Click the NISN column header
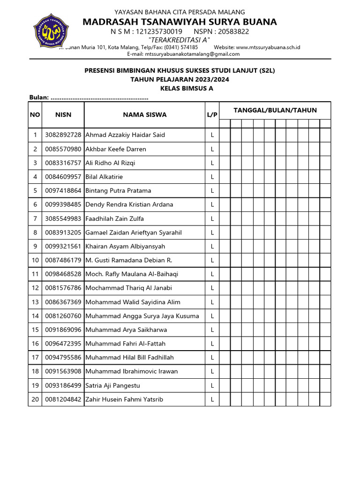63,114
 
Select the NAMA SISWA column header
144,114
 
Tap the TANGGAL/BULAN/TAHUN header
275,110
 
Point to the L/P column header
212,114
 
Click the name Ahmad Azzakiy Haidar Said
125,135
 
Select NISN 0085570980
63,149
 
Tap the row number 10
35,260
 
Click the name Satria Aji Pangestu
112,385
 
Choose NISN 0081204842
63,399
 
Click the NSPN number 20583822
234,31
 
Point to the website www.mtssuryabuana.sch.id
268,47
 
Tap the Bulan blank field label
39,97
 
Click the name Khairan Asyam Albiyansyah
125,246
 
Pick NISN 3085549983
63,218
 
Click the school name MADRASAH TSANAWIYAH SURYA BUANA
180,22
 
